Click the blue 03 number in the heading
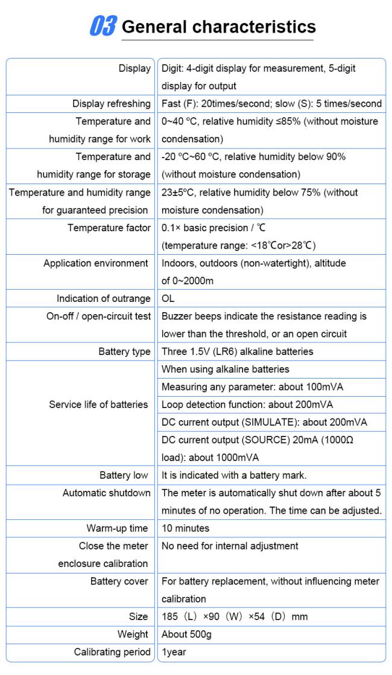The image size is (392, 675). (103, 27)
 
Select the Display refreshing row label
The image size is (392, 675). (112, 104)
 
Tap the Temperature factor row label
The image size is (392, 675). (109, 228)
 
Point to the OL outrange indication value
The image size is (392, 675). (168, 299)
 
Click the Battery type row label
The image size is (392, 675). (125, 351)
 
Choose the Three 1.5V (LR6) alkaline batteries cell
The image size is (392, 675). (237, 351)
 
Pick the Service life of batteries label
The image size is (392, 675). (98, 405)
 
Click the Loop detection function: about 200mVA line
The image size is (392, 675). (247, 405)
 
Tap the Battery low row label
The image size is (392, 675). (124, 475)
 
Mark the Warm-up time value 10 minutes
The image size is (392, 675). (185, 528)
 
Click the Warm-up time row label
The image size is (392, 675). (117, 528)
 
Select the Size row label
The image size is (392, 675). (138, 617)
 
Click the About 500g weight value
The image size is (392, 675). (186, 635)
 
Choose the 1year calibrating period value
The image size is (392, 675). (174, 652)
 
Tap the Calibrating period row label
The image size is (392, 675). (112, 652)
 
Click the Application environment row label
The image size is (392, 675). (96, 263)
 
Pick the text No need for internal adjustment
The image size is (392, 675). (230, 546)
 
